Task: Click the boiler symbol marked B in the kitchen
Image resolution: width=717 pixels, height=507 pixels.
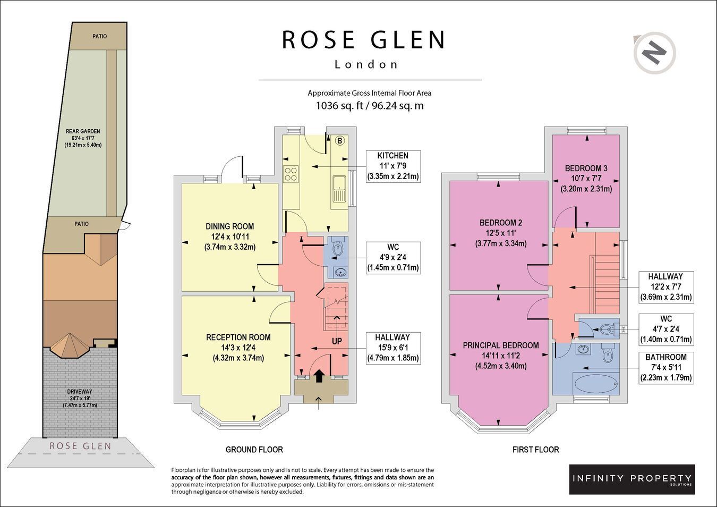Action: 339,141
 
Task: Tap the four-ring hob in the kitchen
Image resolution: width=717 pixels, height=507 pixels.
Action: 291,174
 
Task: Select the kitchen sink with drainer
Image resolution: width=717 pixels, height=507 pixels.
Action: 339,189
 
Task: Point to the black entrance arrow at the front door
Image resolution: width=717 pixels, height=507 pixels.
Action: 319,376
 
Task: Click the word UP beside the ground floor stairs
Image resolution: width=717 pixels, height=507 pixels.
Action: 337,341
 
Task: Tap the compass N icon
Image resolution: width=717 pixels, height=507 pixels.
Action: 654,54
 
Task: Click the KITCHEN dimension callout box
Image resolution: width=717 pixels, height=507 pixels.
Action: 392,166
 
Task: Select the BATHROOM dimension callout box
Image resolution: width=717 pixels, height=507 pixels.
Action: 666,367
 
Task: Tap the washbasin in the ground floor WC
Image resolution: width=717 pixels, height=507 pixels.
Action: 340,273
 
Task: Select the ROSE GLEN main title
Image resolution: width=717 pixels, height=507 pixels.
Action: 364,39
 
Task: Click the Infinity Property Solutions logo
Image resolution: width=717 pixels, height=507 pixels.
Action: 632,479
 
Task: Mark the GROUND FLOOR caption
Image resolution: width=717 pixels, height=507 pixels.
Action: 254,450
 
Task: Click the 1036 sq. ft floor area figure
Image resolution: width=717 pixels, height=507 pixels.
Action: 339,105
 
